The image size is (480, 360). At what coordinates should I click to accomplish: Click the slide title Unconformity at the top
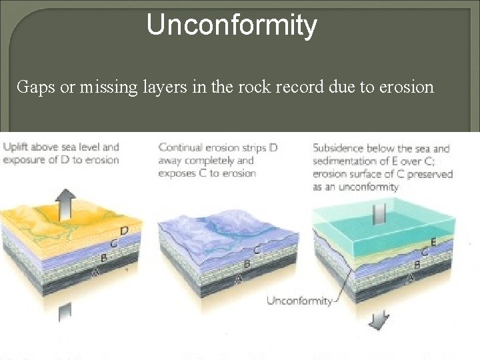point(231,25)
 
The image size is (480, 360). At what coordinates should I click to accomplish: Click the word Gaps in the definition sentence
point(33,87)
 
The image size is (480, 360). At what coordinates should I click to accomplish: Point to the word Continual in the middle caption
point(181,147)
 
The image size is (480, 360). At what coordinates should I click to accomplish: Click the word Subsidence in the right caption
point(340,148)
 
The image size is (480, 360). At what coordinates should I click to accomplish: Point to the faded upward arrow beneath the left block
point(65,313)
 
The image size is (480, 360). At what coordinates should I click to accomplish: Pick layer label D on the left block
point(123,231)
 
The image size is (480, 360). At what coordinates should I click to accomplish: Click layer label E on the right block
point(433,243)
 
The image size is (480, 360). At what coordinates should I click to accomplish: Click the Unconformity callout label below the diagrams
point(299,301)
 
